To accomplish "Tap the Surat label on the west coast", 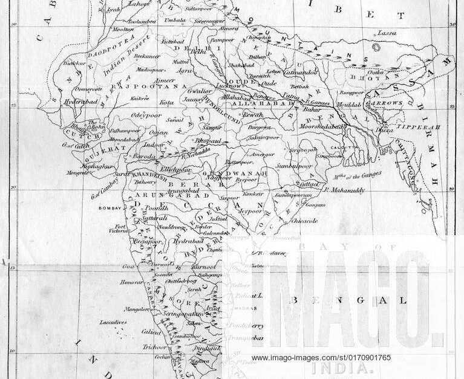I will [123, 173].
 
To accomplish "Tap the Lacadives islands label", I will [113, 322].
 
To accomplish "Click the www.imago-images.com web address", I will [321, 357].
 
